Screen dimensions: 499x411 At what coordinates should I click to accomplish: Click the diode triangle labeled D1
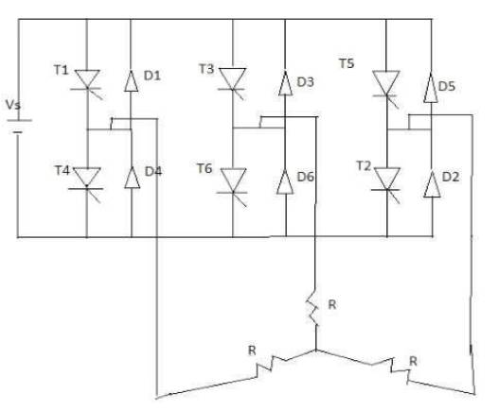pos(131,81)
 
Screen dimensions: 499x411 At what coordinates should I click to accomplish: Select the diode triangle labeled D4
pos(132,178)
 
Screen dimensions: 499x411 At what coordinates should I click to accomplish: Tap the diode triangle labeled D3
pos(285,84)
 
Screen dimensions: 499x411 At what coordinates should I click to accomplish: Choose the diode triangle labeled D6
pos(285,181)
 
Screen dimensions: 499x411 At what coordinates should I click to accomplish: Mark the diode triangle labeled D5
pos(431,88)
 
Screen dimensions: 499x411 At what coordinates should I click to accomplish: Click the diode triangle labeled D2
pos(432,184)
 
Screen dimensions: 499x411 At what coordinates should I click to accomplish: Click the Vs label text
pos(13,105)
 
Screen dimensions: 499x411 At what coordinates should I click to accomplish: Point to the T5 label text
pos(347,63)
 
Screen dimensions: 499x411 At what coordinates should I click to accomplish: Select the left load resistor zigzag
pos(272,365)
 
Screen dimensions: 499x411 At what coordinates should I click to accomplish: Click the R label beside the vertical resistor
pos(332,304)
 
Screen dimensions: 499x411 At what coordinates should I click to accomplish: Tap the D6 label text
pos(306,177)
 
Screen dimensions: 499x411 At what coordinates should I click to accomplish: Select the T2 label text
pos(364,165)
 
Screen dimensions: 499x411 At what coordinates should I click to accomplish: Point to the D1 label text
pos(152,76)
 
